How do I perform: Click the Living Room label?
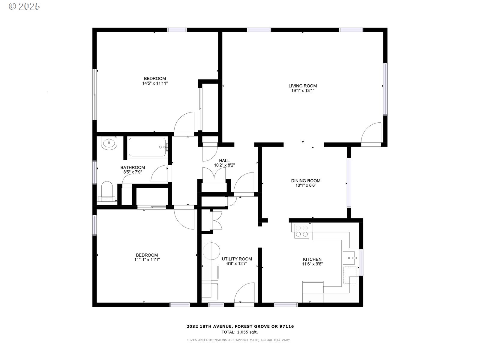303,86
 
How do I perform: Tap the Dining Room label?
306,181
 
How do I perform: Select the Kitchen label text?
312,259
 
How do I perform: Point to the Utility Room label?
237,259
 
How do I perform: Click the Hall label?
224,161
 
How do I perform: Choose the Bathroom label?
133,167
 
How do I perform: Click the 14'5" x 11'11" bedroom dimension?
155,83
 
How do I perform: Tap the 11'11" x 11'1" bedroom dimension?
147,260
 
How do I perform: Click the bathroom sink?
109,143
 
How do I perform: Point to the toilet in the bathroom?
107,191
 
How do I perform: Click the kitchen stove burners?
302,231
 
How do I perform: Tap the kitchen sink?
349,258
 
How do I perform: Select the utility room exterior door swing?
244,293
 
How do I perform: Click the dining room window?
349,183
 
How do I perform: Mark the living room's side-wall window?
385,89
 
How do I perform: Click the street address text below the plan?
240,327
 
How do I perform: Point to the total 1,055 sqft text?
240,332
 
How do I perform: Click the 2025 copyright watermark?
24,7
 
